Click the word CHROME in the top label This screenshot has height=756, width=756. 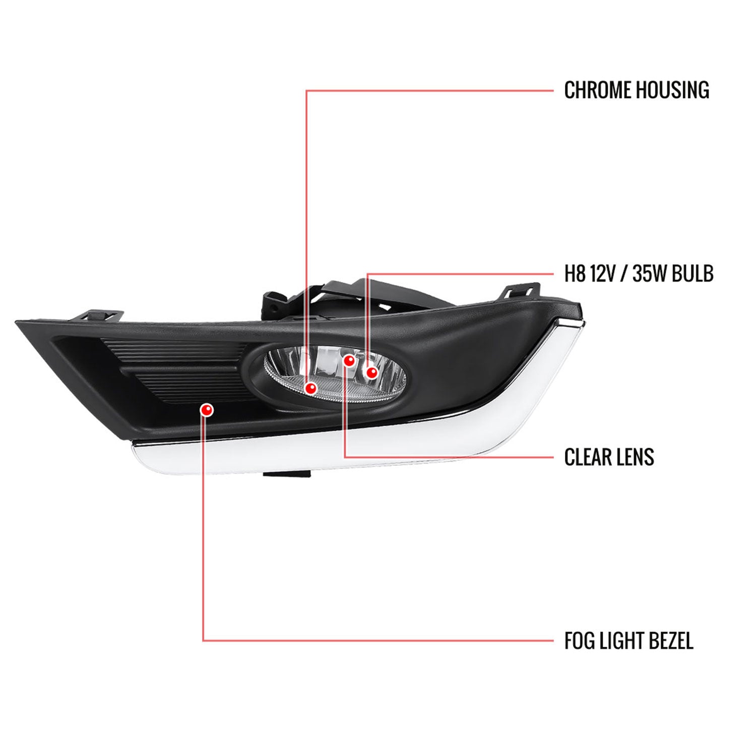pyautogui.click(x=597, y=90)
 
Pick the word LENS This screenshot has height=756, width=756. pyautogui.click(x=636, y=457)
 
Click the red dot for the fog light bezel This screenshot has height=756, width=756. pyautogui.click(x=206, y=410)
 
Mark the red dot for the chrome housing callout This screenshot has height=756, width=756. pyautogui.click(x=310, y=388)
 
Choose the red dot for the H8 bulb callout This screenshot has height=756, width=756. pyautogui.click(x=372, y=372)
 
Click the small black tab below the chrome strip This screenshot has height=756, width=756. pyautogui.click(x=286, y=474)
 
